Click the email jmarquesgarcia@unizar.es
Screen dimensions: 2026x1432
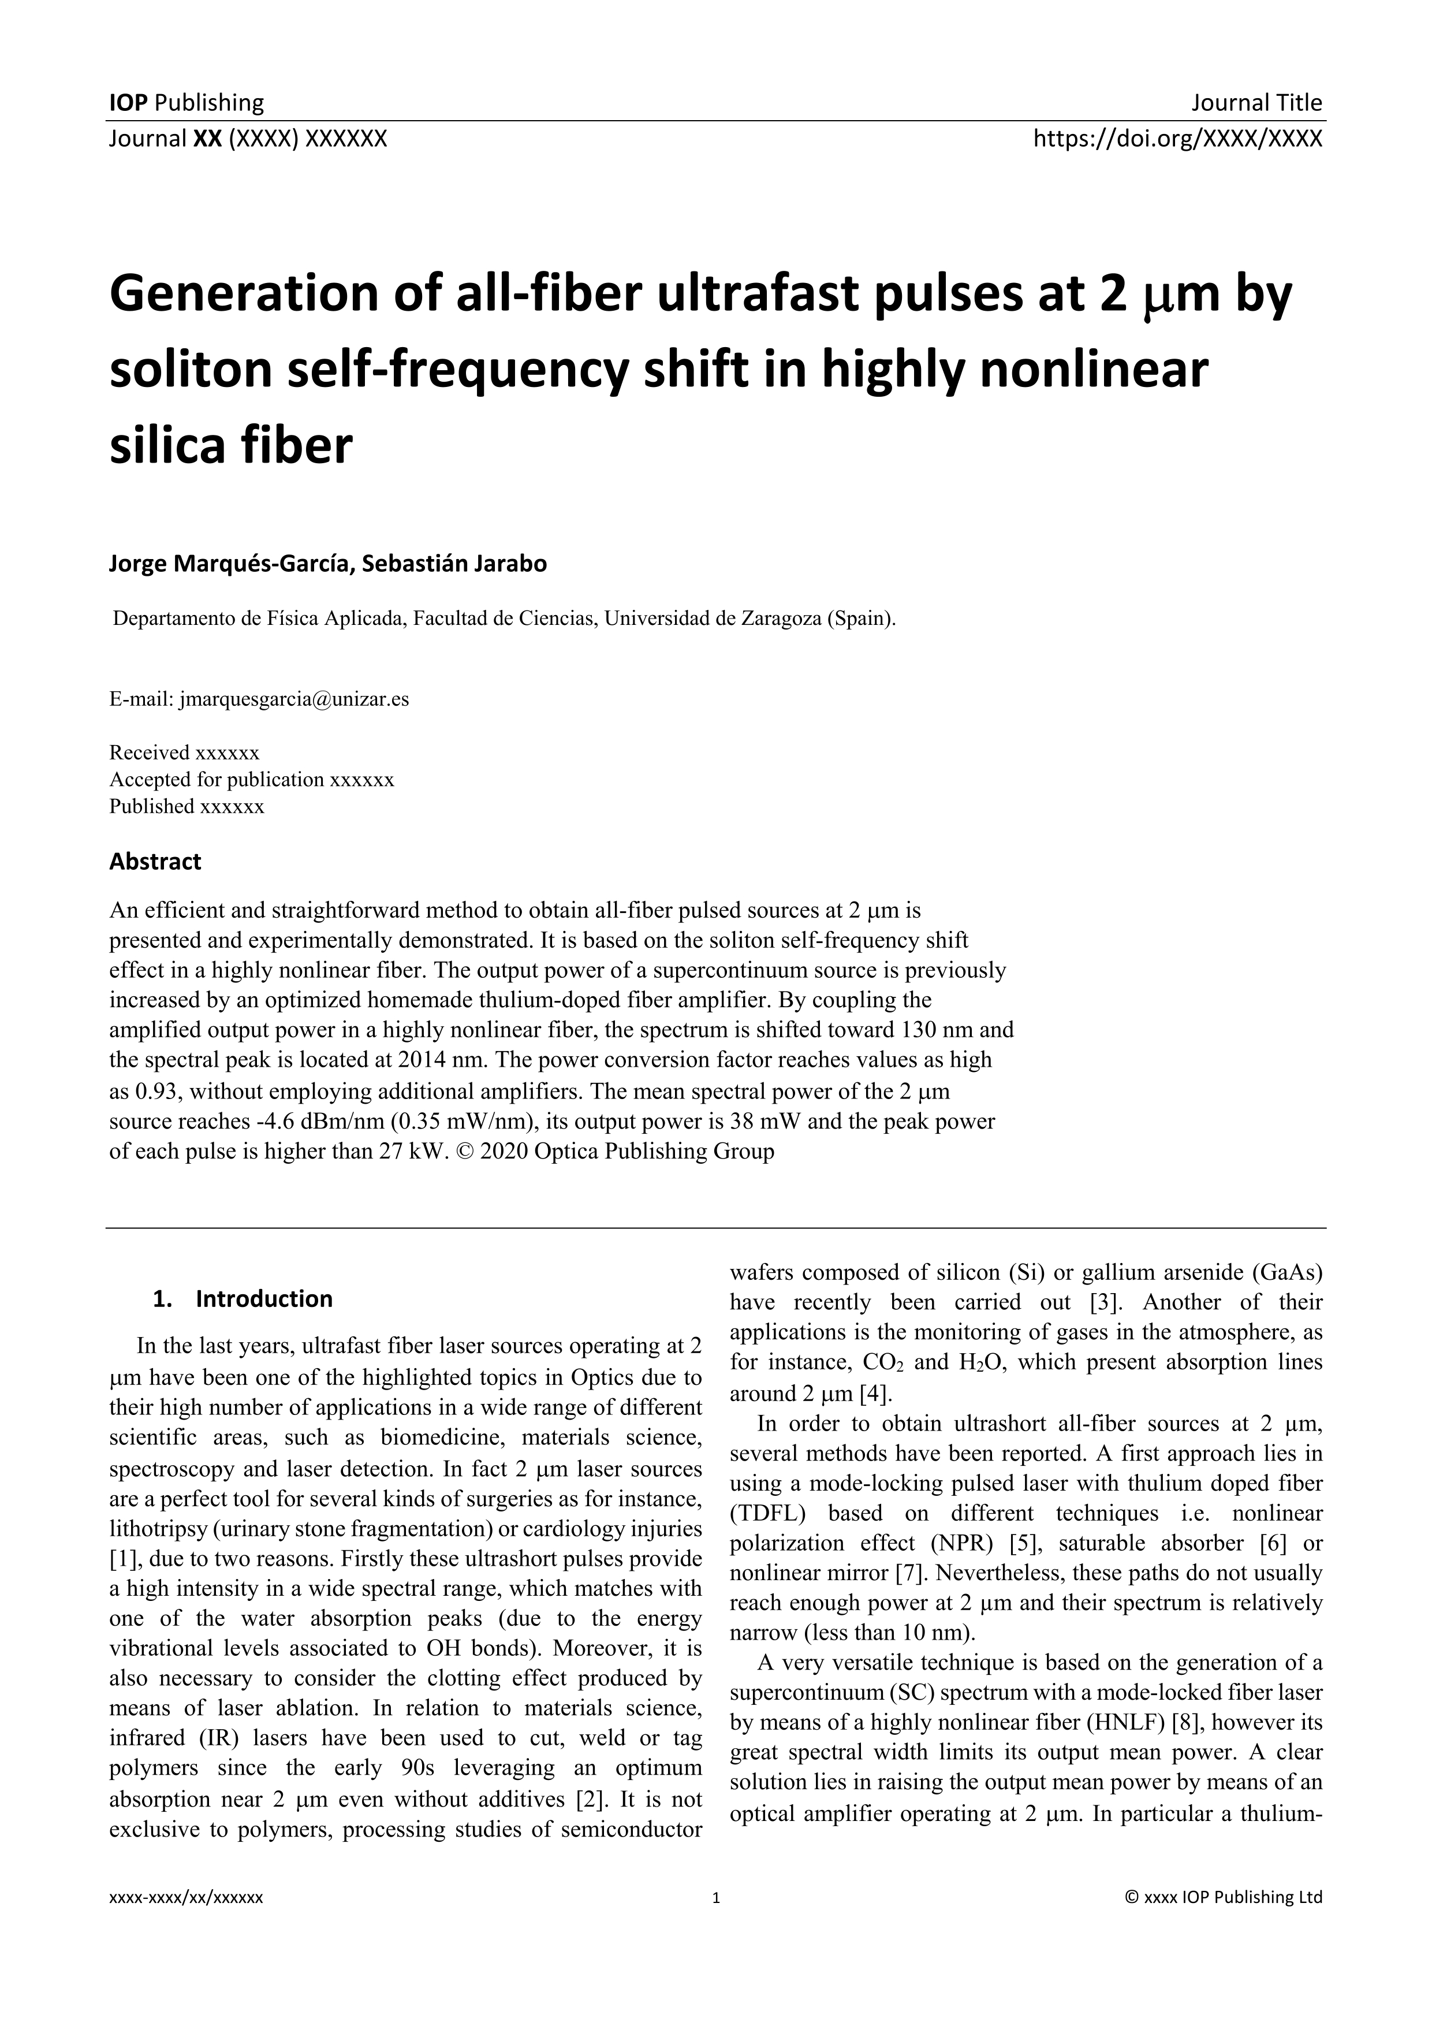pyautogui.click(x=294, y=700)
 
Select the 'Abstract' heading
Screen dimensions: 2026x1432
pyautogui.click(x=155, y=861)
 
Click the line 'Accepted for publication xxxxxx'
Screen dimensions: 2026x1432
pyautogui.click(x=251, y=779)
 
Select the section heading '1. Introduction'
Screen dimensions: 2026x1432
pyautogui.click(x=243, y=1299)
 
